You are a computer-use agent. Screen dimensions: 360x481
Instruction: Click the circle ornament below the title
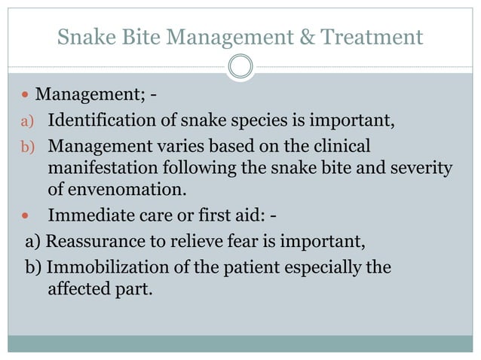[x=240, y=67]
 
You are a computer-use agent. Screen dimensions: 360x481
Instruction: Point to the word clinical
[x=342, y=145]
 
